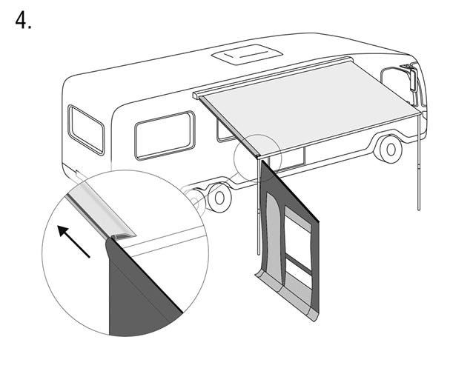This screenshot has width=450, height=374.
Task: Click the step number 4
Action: [x=23, y=21]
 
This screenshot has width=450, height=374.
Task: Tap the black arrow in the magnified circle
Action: [x=73, y=241]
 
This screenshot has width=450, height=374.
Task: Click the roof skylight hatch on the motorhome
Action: [x=247, y=55]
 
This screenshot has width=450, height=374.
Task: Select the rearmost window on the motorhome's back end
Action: [x=86, y=130]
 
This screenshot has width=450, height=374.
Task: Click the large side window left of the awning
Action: [x=165, y=135]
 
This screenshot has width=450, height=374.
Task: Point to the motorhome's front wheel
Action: [x=390, y=149]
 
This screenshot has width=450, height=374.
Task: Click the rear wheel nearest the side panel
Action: [x=219, y=198]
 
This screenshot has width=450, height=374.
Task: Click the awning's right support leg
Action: [x=419, y=162]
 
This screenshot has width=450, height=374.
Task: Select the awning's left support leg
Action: [x=259, y=207]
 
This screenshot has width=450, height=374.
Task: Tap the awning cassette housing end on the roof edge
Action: [x=196, y=96]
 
